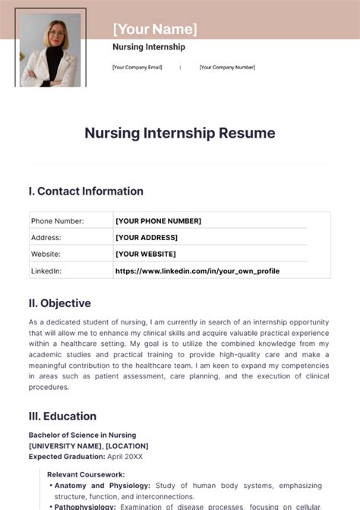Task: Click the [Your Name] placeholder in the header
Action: [155, 30]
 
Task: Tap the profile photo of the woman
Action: [51, 49]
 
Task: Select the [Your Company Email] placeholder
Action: [137, 67]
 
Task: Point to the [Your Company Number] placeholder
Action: [227, 67]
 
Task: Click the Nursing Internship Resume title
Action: [180, 133]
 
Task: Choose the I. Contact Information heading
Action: [86, 192]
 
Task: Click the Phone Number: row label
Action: [57, 221]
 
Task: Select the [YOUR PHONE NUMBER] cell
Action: [158, 221]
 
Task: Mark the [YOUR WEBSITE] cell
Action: [146, 254]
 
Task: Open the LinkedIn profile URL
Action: [197, 271]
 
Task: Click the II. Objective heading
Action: [60, 303]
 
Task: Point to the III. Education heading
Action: [62, 416]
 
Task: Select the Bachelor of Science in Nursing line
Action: [83, 435]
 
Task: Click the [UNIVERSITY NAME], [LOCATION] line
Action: [88, 445]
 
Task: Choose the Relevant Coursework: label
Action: [86, 474]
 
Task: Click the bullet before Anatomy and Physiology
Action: [50, 486]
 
